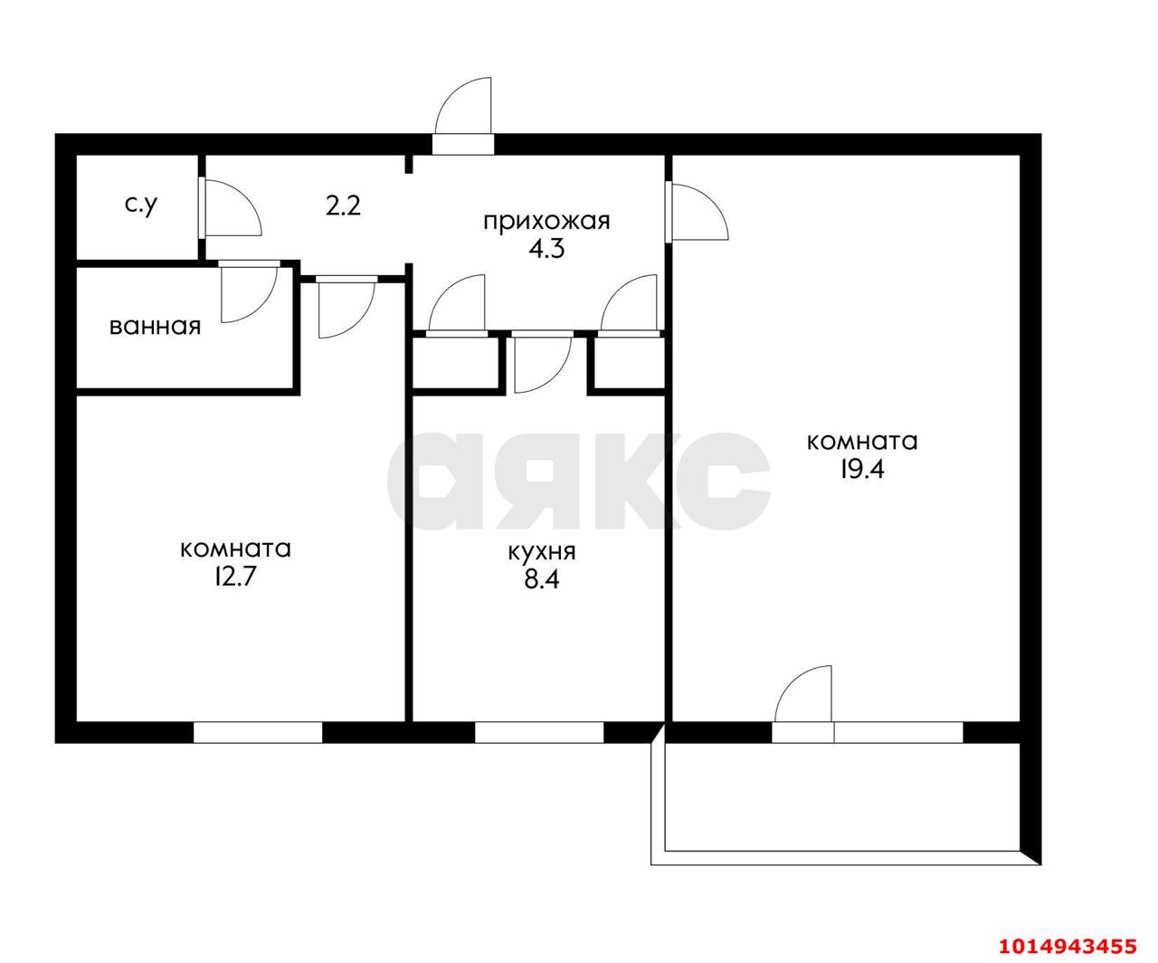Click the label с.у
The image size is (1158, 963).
(141, 205)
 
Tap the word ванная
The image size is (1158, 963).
(155, 326)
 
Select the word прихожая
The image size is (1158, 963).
(546, 222)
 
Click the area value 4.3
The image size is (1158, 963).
(546, 249)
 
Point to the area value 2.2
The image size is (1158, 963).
(343, 206)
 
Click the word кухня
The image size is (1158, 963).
(542, 551)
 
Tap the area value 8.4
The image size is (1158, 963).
(542, 578)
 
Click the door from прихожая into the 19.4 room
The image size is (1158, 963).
(697, 212)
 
